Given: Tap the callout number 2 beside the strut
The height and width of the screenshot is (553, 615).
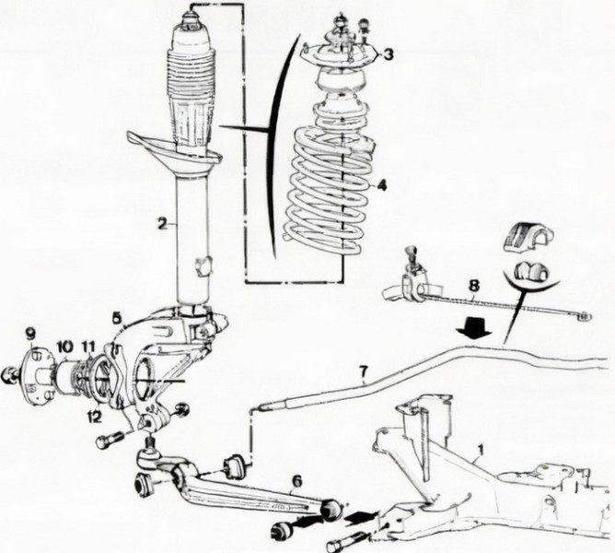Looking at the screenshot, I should [161, 223].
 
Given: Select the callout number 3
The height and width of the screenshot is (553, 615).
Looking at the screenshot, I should [389, 54].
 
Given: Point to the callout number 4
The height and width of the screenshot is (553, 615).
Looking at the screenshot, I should [382, 184].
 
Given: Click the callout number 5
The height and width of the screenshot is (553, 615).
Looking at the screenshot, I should [116, 316].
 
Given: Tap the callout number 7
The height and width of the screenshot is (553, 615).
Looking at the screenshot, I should [363, 373].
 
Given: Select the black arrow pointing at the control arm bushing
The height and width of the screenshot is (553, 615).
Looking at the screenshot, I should [361, 507].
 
